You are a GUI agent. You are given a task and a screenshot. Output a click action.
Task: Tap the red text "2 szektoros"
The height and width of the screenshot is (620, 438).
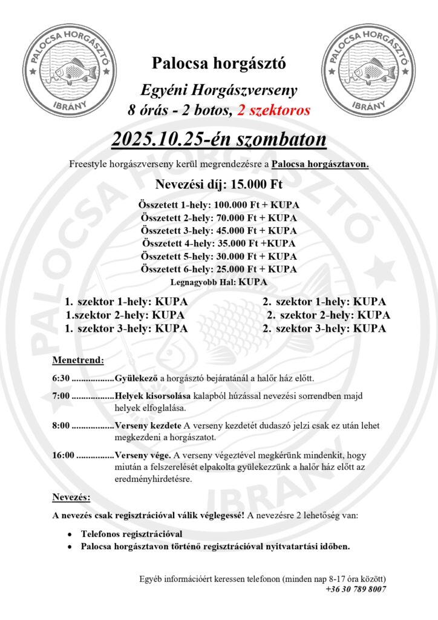pyautogui.click(x=273, y=111)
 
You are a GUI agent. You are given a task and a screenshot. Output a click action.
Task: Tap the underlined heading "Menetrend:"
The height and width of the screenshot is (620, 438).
pyautogui.click(x=78, y=360)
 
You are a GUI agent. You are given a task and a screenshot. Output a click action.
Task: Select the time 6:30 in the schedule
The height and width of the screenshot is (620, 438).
pyautogui.click(x=61, y=379)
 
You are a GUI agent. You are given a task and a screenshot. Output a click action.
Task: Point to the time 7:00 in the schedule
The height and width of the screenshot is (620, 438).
pyautogui.click(x=61, y=397)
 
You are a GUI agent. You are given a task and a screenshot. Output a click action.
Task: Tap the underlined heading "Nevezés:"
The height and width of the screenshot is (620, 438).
pyautogui.click(x=71, y=497)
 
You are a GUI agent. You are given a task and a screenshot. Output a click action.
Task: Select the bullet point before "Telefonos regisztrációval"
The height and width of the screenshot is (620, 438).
pyautogui.click(x=71, y=535)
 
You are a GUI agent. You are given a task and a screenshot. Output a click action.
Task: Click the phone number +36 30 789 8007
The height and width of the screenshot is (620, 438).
pyautogui.click(x=356, y=589)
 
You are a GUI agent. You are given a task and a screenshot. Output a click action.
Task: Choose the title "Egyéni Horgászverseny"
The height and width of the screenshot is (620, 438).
pyautogui.click(x=218, y=91)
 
